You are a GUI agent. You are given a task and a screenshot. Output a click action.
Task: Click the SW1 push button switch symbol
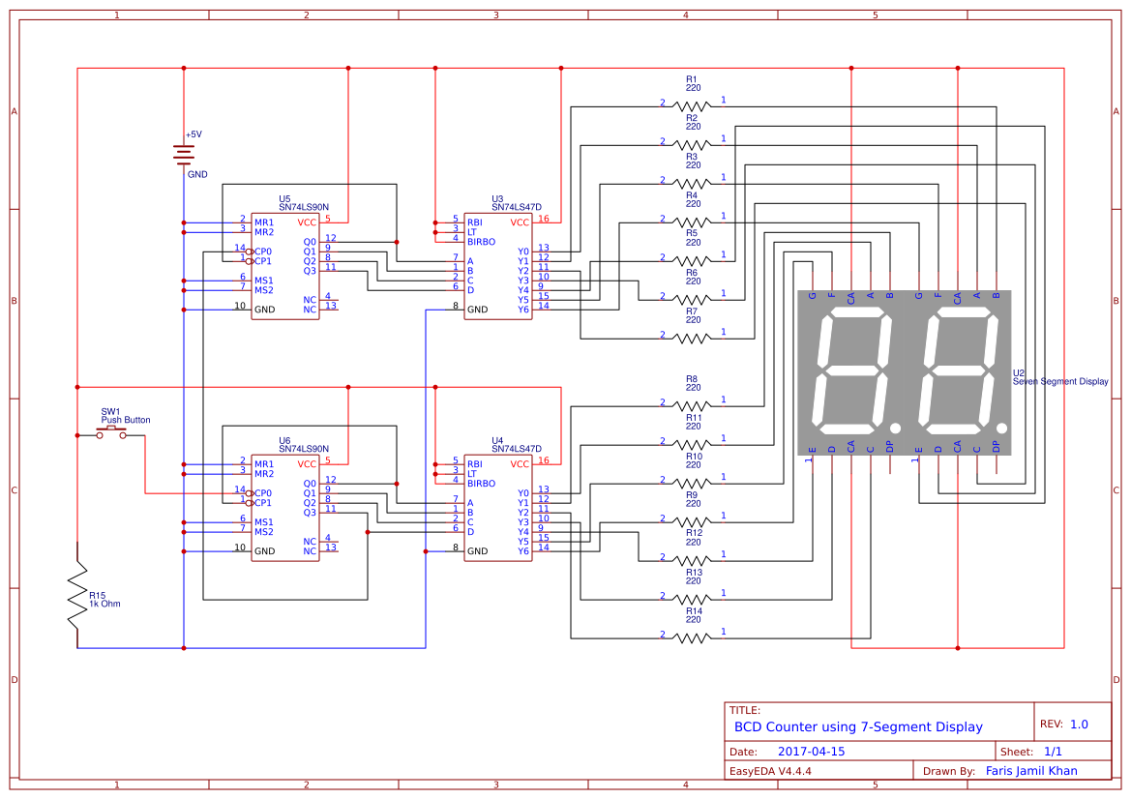coord(110,433)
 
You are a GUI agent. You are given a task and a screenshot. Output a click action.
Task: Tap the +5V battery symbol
coord(184,154)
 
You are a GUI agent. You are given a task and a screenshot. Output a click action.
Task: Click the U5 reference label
coord(284,198)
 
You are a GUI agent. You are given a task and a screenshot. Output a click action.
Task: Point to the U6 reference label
coord(284,440)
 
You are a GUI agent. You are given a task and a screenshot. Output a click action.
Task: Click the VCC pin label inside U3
coord(520,222)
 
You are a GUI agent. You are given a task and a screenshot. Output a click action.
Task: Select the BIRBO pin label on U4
coord(481,484)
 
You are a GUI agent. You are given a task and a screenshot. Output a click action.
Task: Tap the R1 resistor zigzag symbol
coord(692,103)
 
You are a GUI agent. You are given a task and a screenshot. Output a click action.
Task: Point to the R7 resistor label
coord(692,311)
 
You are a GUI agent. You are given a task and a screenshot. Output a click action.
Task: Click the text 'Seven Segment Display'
coord(1060,382)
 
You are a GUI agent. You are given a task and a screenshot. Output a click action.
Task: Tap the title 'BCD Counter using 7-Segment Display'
coord(858,726)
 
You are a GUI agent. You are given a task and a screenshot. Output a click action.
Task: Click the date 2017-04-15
coord(811,752)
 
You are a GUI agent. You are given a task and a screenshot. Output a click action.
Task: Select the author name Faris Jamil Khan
coord(1031,771)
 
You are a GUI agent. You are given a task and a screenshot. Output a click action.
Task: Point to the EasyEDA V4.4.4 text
coord(770,772)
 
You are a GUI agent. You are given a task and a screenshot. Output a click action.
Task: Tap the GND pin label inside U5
coord(265,310)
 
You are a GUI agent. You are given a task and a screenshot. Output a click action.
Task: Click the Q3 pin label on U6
coord(310,513)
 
